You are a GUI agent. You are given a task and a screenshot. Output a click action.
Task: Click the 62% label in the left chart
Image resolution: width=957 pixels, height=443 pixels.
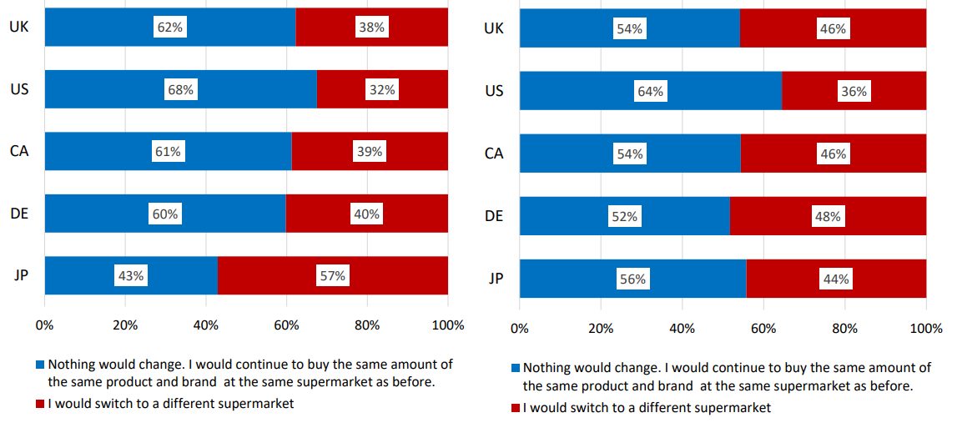[169, 27]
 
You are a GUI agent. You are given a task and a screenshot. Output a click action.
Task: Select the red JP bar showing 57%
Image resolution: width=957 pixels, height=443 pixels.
[333, 276]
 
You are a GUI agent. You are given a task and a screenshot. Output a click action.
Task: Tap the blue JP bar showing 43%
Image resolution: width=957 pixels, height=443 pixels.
[131, 276]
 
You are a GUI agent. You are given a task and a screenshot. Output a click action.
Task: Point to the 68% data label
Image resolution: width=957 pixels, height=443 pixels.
[181, 90]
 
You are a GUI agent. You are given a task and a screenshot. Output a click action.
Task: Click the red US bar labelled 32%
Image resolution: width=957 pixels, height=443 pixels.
[383, 90]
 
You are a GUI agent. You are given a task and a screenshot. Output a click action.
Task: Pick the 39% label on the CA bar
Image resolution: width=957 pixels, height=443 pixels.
[369, 152]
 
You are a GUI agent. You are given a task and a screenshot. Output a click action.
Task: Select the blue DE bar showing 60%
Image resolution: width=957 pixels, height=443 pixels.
[165, 214]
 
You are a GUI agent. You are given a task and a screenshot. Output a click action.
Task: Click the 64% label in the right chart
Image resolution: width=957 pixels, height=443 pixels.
[651, 92]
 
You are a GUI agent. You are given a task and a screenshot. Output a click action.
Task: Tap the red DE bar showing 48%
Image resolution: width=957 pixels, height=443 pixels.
[829, 216]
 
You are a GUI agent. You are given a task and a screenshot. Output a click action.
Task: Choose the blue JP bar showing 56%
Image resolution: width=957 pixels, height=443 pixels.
[633, 279]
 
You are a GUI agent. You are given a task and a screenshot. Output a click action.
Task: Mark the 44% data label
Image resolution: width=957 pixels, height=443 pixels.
[836, 279]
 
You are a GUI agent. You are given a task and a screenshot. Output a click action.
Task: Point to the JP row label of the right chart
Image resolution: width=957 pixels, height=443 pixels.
[496, 279]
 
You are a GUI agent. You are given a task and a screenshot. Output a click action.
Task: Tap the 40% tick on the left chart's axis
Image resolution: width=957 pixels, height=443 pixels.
[206, 326]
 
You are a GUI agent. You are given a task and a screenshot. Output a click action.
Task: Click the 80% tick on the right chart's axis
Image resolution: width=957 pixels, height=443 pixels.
[845, 329]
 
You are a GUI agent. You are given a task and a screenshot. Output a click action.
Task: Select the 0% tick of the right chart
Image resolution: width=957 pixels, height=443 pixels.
[520, 329]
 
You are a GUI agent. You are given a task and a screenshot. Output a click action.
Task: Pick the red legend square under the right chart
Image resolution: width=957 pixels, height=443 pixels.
[516, 408]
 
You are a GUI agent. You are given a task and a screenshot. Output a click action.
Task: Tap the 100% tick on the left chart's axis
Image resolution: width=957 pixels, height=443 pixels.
[448, 326]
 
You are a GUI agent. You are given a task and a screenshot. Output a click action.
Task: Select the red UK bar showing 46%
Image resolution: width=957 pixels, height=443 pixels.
[834, 28]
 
